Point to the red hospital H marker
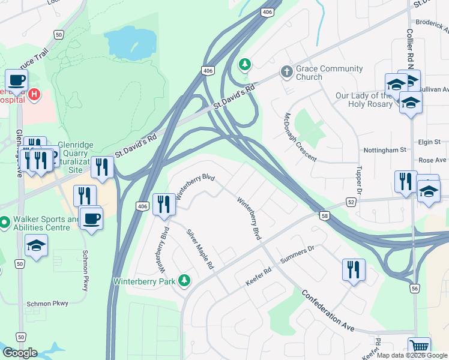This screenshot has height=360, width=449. coord(35,94)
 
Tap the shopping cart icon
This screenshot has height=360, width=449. coord(419,347)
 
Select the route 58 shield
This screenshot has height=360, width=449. coord(325,216)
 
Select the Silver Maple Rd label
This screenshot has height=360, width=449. coord(200,249)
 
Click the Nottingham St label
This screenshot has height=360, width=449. coord(385,149)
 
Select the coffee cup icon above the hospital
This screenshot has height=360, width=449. coord(16,80)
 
